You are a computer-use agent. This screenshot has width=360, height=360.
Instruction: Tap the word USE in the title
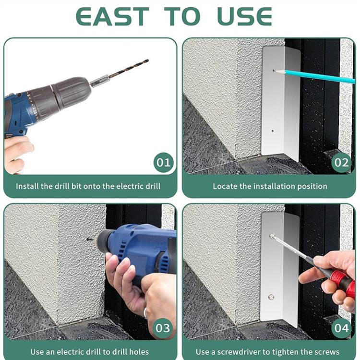tap(245, 16)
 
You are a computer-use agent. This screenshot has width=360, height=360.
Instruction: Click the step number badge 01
tap(164, 163)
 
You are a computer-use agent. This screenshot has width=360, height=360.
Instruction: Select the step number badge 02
tap(341, 163)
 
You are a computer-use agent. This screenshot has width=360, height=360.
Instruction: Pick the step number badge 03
tap(163, 328)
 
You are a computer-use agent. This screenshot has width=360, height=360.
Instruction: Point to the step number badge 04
tap(341, 328)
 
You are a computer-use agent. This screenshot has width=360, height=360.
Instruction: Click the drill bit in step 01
tap(129, 69)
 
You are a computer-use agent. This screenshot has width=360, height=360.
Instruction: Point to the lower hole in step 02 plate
tap(272, 131)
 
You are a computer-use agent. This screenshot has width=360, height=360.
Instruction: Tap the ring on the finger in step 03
tap(145, 312)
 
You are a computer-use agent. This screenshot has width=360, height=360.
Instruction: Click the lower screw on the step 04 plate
tap(271, 297)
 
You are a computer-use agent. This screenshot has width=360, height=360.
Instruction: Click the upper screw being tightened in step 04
tap(272, 236)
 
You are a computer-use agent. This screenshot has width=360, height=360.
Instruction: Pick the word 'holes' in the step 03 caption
tap(139, 352)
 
